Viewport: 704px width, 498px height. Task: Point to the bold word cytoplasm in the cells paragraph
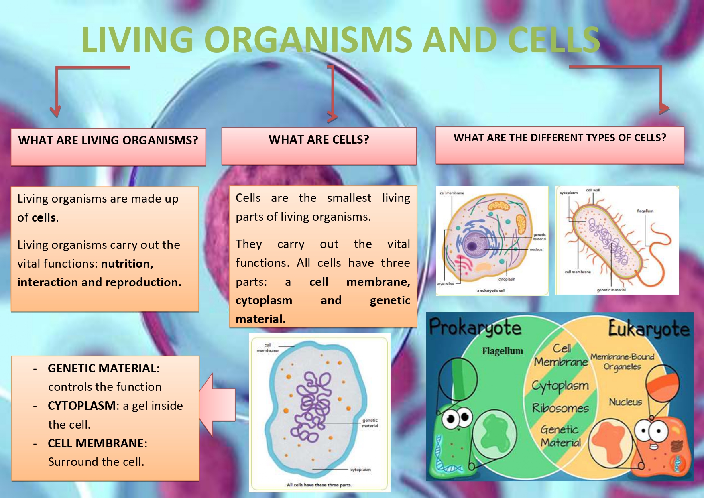coord(264,301)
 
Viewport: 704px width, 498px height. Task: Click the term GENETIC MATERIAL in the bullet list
coord(102,368)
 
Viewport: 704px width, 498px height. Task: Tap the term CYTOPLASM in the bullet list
coord(81,406)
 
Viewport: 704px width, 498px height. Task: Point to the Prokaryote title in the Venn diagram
coord(475,328)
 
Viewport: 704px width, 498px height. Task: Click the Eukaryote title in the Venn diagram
coord(649,329)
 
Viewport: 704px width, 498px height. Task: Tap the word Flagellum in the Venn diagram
coord(503,351)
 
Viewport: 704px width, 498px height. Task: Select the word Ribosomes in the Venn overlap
coord(560,408)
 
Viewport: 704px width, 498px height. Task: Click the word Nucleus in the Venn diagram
coord(625,402)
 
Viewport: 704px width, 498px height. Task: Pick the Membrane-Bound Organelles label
coord(622,362)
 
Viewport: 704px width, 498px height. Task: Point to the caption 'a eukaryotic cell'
coord(490,290)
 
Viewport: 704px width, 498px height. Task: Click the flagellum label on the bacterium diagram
coord(645,211)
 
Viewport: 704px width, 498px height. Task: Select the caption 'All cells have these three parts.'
coord(319,485)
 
